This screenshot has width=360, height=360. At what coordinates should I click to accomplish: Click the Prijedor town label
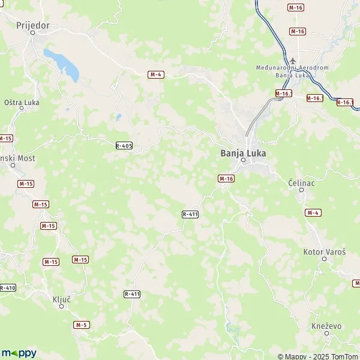tap(32, 26)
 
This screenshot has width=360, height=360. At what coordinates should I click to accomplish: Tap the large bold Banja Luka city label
tap(243, 153)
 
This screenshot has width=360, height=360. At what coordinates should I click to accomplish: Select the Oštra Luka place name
tap(22, 103)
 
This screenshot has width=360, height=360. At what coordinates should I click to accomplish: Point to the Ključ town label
tap(62, 298)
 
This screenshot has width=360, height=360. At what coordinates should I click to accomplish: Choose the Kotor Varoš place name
tap(325, 253)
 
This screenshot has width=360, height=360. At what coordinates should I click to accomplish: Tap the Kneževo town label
tap(326, 325)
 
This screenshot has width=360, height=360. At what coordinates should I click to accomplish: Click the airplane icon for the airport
tap(293, 61)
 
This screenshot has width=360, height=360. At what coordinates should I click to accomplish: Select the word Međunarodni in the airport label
tap(274, 68)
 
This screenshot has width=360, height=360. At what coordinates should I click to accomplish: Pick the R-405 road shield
tap(124, 145)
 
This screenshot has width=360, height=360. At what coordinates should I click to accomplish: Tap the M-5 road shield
tap(82, 325)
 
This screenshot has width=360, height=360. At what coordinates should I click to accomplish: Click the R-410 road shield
tap(7, 288)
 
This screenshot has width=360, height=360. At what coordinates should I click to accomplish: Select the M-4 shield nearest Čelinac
tap(312, 213)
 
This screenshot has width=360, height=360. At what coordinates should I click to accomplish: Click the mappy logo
tap(19, 353)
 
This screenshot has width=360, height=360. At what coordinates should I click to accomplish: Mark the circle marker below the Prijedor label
tap(34, 34)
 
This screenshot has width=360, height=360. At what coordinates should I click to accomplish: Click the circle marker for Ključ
tap(61, 307)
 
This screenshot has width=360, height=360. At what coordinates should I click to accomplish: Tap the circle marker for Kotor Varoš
tap(325, 261)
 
